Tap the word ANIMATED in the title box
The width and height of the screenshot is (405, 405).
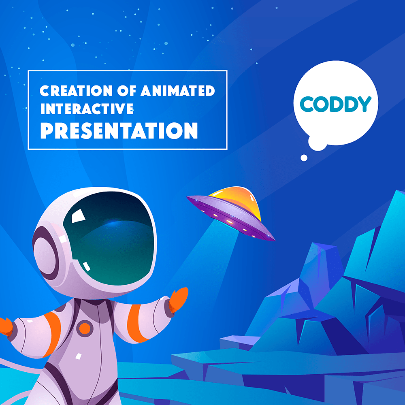click(x=178, y=91)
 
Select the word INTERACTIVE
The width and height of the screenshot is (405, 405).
click(x=87, y=109)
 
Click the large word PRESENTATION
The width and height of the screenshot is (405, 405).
click(x=119, y=131)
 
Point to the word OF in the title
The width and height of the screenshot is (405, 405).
click(x=126, y=91)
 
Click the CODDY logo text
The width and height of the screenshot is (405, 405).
click(x=335, y=104)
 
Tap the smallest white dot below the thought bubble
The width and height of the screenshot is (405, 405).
click(x=304, y=158)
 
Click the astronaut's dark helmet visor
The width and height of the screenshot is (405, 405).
click(x=110, y=238)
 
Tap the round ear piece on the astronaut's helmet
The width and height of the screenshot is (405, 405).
click(x=45, y=253)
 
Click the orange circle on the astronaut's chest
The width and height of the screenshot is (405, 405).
click(x=85, y=328)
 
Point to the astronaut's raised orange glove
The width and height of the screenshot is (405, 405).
click(x=178, y=299)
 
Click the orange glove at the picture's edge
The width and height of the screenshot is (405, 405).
click(x=6, y=327)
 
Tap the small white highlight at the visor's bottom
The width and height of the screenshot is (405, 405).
click(x=87, y=266)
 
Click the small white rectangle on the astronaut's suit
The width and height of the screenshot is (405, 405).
click(x=78, y=356)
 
